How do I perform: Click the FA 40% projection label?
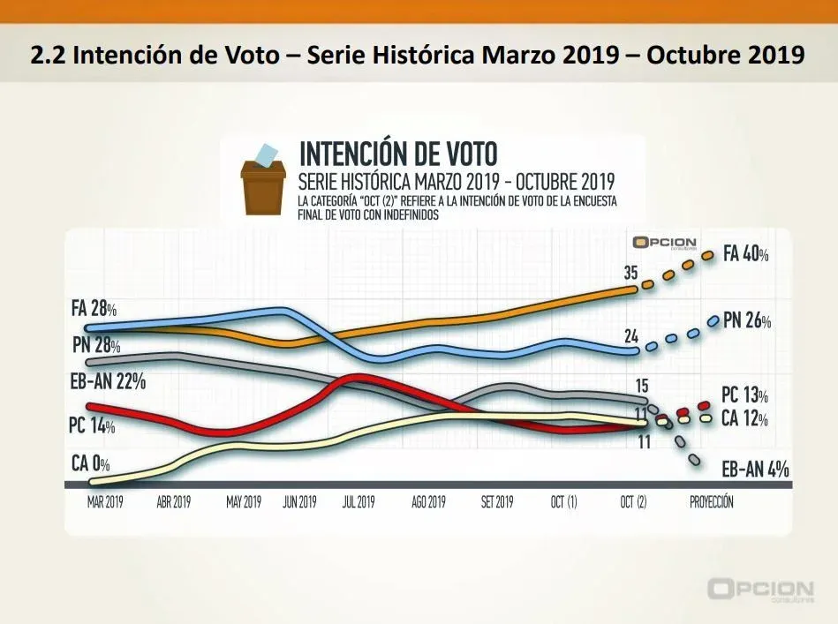tap(746, 254)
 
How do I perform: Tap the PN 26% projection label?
tap(747, 322)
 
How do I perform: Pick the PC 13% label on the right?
tap(744, 395)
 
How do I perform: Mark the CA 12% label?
tap(744, 417)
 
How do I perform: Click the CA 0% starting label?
tap(96, 462)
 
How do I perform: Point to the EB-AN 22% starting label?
tap(107, 382)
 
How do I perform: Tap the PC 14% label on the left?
tap(92, 425)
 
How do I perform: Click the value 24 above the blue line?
tap(630, 335)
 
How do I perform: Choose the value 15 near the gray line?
tap(642, 385)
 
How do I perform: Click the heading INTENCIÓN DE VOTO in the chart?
tap(398, 153)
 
